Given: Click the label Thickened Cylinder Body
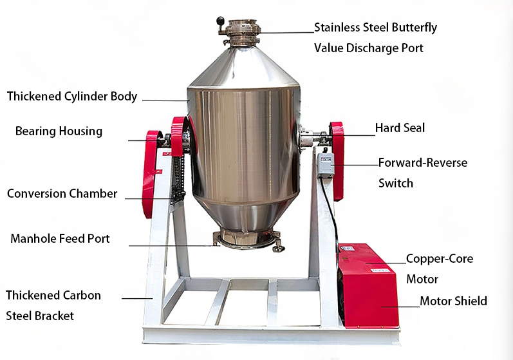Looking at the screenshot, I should point(72,97).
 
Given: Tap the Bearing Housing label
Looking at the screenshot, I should point(59,131).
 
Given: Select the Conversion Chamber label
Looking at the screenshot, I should point(62,193).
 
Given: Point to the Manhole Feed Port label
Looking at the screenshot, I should point(60,239).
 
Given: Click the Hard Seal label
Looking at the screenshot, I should point(400,128).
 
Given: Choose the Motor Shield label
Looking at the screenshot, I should point(453,301).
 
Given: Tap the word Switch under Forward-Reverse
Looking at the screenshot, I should point(396,183).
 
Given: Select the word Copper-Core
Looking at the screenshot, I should point(440,259).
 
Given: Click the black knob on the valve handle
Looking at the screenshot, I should point(221,20).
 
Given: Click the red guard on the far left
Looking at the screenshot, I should point(151,171).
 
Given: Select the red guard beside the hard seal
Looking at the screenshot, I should point(337,155).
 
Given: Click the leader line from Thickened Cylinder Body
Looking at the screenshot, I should point(164,100).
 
